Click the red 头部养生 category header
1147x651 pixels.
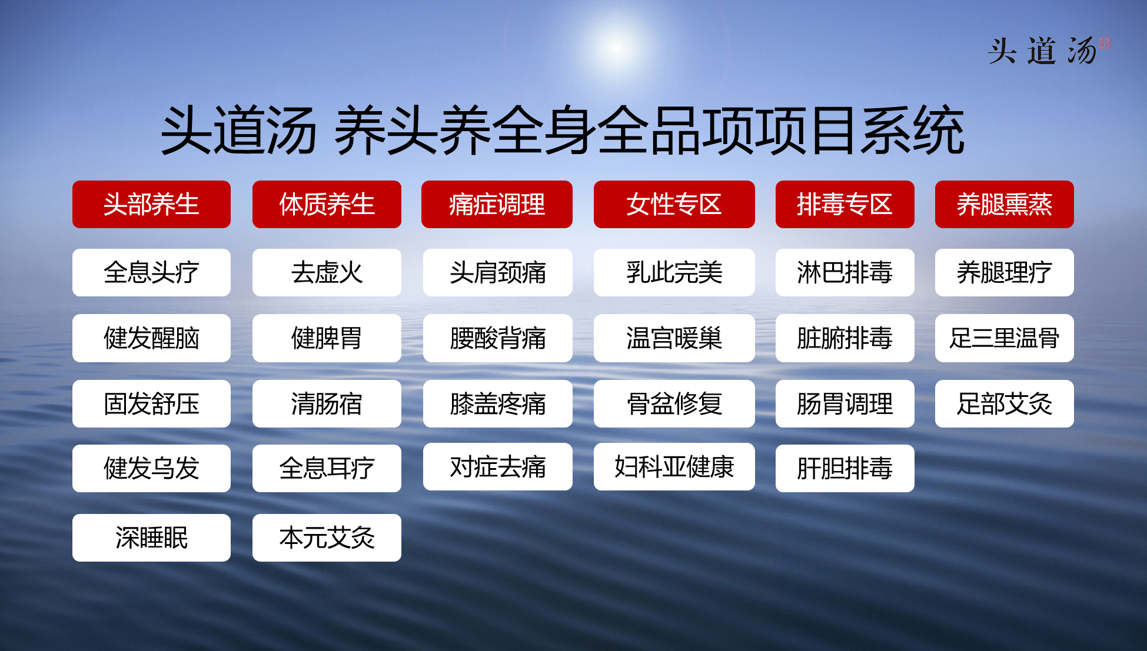[x=151, y=204]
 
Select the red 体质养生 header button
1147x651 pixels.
[x=327, y=204]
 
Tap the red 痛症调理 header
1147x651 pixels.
[x=497, y=204]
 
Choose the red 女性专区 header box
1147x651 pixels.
[x=674, y=204]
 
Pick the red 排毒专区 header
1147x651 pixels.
[x=845, y=204]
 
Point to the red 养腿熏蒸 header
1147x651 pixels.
[x=1004, y=204]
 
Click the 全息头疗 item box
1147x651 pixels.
[x=151, y=272]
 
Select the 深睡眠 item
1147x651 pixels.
[x=151, y=538]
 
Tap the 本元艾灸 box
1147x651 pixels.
[x=327, y=538]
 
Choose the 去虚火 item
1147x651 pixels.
[x=327, y=272]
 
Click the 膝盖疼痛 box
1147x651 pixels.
[x=497, y=403]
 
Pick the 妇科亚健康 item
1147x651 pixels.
[x=674, y=466]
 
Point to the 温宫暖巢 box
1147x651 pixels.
[x=674, y=338]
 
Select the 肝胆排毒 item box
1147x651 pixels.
[x=845, y=468]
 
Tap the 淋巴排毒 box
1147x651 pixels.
[x=845, y=272]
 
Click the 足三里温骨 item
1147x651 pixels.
[x=1004, y=338]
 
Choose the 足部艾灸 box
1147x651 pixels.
[x=1004, y=403]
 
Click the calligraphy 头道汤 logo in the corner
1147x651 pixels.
[x=1042, y=51]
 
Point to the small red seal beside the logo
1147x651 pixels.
[x=1105, y=43]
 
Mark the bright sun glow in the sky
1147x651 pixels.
[x=616, y=48]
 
